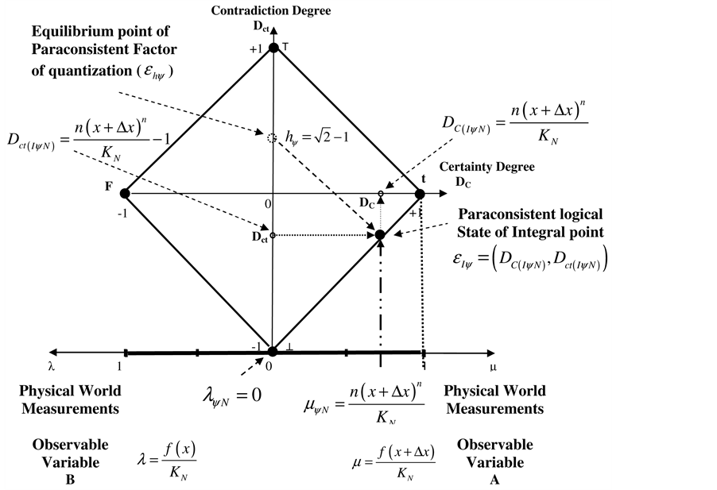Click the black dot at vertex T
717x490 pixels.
tap(273, 48)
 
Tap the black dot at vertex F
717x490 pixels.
tap(125, 193)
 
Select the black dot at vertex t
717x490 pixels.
tap(420, 193)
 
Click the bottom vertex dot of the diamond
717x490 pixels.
tap(273, 351)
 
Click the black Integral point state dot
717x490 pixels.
tap(380, 234)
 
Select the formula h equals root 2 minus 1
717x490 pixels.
tap(315, 138)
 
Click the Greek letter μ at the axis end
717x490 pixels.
tap(493, 368)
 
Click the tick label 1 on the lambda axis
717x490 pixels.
tap(120, 368)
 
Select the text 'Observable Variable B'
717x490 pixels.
tap(71, 461)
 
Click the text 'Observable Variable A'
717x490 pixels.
tap(495, 461)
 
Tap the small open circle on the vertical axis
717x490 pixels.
tap(273, 235)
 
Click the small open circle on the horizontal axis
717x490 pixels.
tap(380, 194)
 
